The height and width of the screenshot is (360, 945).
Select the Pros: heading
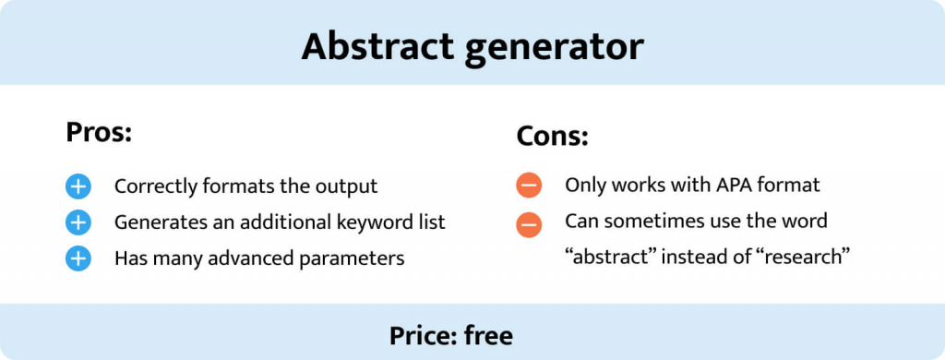pos(100,132)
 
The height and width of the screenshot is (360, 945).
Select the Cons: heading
pos(552,138)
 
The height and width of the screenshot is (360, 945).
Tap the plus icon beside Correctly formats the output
pos(78,186)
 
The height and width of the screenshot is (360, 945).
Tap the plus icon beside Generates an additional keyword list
pos(78,222)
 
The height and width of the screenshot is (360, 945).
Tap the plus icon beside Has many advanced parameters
pos(78,258)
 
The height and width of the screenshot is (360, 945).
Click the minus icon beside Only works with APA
pos(529,186)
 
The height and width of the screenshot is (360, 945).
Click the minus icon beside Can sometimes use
pos(529,222)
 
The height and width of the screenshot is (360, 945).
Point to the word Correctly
pos(153,186)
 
